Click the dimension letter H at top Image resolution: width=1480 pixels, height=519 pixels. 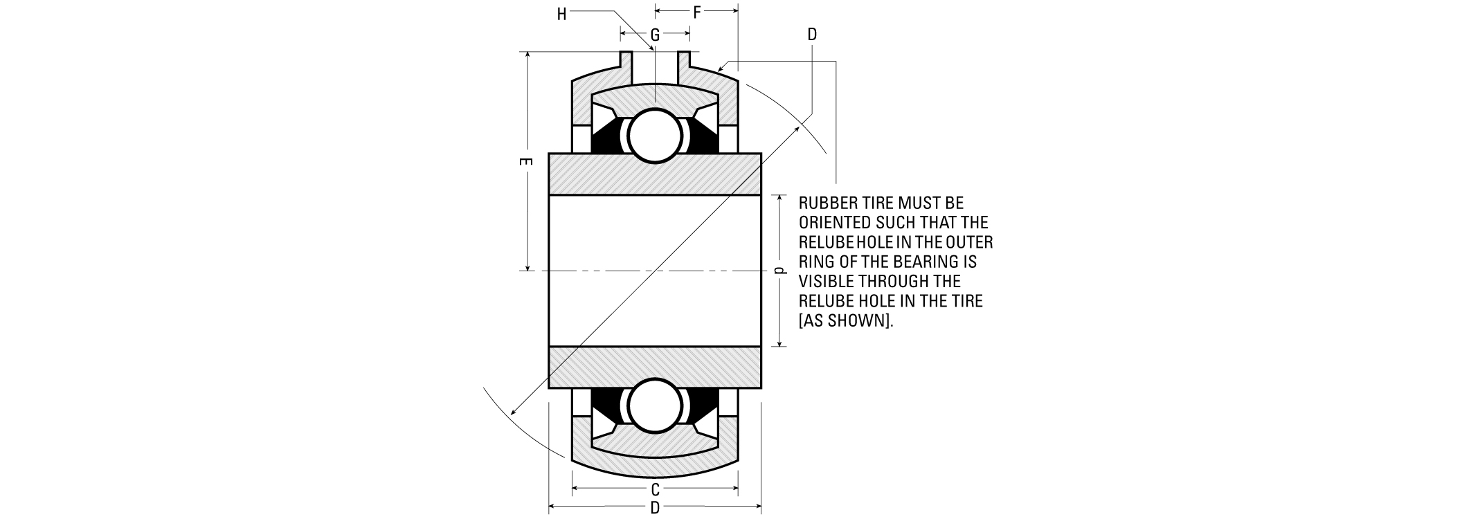pyautogui.click(x=562, y=15)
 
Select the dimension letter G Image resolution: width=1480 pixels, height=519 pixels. pyautogui.click(x=655, y=34)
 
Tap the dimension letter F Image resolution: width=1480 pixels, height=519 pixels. pyautogui.click(x=697, y=12)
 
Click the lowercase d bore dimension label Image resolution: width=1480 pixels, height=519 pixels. pyautogui.click(x=779, y=271)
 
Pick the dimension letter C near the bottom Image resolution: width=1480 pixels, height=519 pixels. pyautogui.click(x=655, y=490)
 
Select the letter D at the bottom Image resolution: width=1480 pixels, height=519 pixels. pyautogui.click(x=655, y=509)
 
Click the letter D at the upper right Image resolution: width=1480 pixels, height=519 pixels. pyautogui.click(x=812, y=34)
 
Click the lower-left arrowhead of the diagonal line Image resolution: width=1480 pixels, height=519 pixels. pyautogui.click(x=513, y=412)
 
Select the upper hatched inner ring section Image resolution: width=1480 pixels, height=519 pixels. pyautogui.click(x=655, y=174)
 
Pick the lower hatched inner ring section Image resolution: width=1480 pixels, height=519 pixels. pyautogui.click(x=655, y=367)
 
